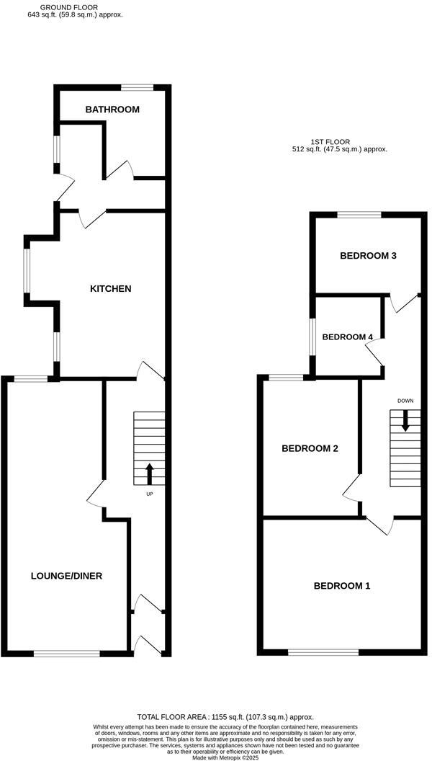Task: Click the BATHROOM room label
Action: click(x=112, y=110)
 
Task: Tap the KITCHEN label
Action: click(x=110, y=289)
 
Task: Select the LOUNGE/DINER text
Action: click(x=66, y=576)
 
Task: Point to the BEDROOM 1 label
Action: click(x=341, y=586)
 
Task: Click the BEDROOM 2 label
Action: click(x=310, y=448)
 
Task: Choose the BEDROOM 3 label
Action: click(x=368, y=256)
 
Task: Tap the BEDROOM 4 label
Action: click(x=348, y=337)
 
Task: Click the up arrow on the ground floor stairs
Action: click(x=150, y=473)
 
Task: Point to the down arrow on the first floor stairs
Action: click(x=405, y=420)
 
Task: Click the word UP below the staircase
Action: click(x=150, y=494)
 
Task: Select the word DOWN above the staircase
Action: click(x=405, y=401)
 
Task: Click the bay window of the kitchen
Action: click(x=27, y=272)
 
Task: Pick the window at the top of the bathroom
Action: click(x=137, y=88)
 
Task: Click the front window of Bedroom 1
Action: click(x=323, y=652)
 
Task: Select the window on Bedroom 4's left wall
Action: click(x=312, y=337)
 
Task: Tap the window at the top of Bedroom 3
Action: click(x=359, y=214)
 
